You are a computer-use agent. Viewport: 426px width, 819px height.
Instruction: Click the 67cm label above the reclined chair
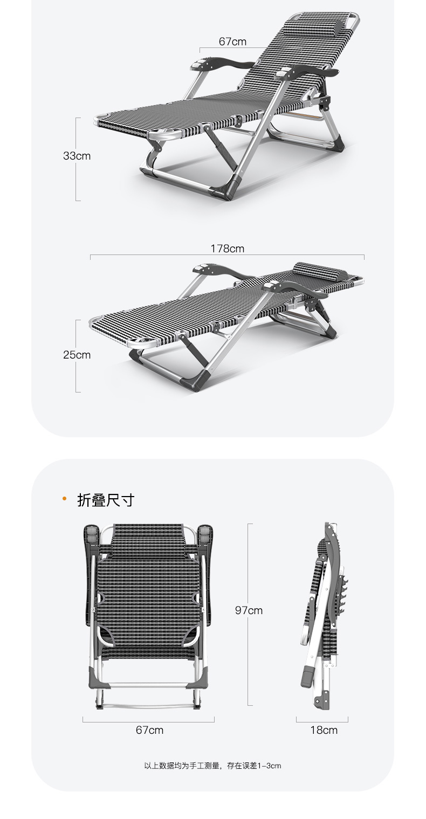coord(232,42)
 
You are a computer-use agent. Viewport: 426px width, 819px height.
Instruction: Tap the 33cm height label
coord(77,156)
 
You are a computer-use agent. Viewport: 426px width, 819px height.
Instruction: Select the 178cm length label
coord(227,249)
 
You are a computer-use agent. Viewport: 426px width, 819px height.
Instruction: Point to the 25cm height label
coord(77,355)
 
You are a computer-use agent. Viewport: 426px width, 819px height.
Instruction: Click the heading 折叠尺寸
coord(105,500)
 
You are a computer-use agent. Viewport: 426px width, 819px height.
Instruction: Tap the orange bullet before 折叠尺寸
coord(65,499)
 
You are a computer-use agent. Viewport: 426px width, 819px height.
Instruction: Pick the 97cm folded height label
coord(249,610)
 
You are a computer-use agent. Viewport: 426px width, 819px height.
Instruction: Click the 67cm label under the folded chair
coord(149,730)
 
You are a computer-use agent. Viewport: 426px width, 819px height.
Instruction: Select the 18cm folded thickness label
coord(324,730)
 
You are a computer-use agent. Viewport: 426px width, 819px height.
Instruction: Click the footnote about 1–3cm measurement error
coord(212,766)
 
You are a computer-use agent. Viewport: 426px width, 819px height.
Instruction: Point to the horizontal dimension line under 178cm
coord(227,256)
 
